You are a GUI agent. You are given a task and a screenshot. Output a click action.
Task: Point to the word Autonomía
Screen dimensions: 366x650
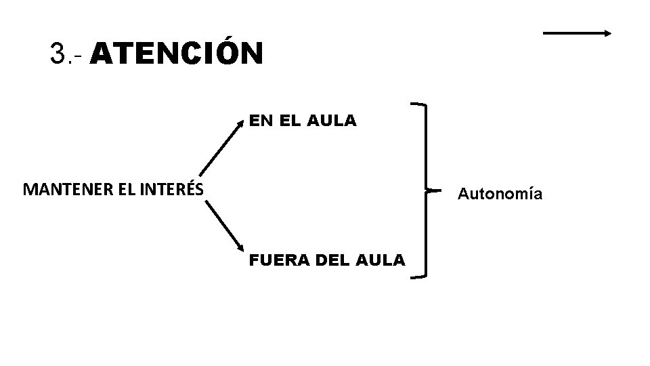tap(500, 194)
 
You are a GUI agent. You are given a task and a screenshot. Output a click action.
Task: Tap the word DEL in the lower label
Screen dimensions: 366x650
tap(323, 260)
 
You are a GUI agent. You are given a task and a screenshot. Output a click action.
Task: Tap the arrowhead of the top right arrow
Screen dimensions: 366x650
tap(609, 33)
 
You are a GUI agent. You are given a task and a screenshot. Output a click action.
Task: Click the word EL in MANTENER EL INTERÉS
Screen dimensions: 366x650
tap(127, 189)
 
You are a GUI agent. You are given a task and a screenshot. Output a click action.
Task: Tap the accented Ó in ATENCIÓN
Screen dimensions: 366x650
tap(227, 53)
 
